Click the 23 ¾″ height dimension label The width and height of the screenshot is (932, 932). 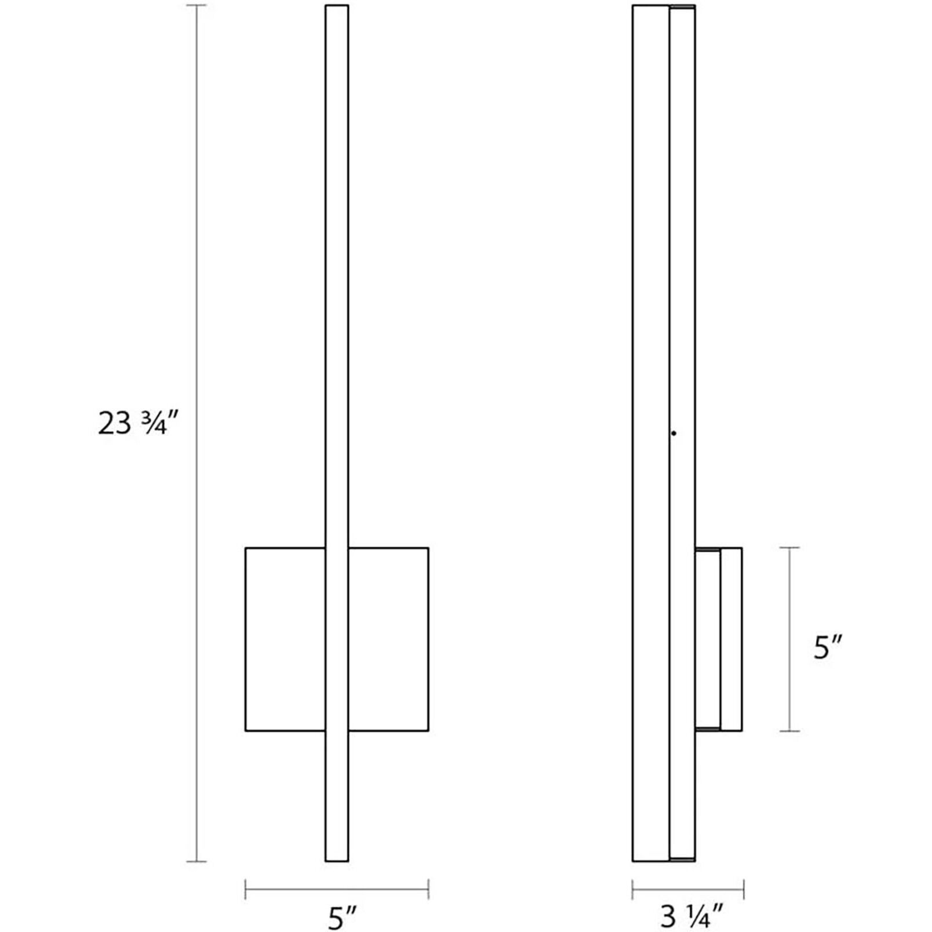click(132, 423)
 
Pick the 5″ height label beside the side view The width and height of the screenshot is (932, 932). click(827, 647)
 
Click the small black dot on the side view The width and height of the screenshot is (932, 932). click(673, 433)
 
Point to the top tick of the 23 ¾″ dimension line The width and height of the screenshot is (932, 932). click(196, 6)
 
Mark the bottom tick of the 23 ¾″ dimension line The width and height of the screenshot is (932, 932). click(196, 861)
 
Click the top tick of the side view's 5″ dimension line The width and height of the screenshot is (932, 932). click(789, 548)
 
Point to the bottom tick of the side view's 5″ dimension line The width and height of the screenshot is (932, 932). click(789, 731)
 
